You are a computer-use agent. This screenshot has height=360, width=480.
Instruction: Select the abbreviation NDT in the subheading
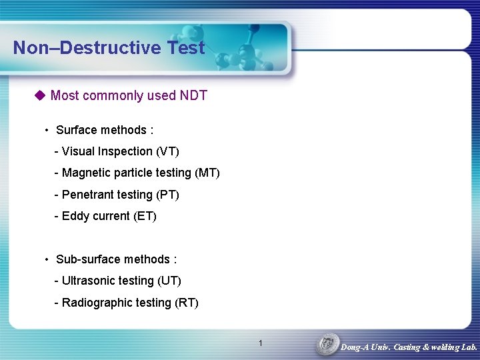click(193, 95)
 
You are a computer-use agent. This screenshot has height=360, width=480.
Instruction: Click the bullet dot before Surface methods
click(47, 130)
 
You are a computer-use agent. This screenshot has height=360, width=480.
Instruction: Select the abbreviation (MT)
click(207, 173)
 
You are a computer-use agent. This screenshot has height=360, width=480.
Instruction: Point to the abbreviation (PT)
click(167, 195)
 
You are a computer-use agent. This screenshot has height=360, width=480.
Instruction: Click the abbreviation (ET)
click(145, 216)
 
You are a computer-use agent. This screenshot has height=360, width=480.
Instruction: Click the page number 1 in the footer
click(260, 343)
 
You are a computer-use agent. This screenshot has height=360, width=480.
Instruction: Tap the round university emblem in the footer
click(327, 345)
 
